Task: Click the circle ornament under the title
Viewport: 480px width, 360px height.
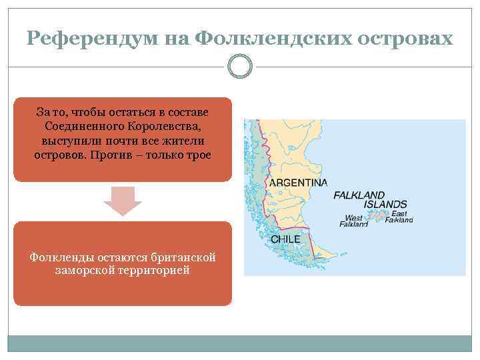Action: [240, 66]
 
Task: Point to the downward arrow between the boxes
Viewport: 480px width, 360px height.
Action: [123, 200]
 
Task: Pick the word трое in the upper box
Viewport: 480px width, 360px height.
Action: [197, 155]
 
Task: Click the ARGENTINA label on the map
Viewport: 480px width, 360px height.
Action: [298, 183]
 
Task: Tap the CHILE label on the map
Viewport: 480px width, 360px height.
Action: [285, 239]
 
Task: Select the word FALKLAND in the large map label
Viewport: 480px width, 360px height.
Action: [359, 195]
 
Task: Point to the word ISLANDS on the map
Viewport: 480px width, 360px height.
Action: [381, 205]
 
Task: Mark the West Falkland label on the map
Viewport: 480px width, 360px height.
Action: [353, 221]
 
